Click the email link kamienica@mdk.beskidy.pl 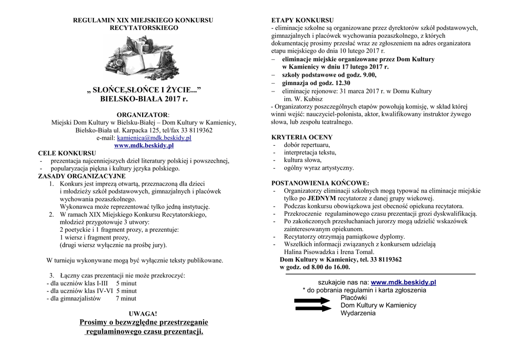point(154,138)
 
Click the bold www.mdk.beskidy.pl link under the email point(144,146)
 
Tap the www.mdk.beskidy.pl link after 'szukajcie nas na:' point(403,282)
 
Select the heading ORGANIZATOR point(143,115)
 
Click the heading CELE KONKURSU point(67,153)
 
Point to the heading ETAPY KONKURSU point(302,20)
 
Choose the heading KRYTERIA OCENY point(302,137)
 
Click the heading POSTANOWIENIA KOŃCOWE point(320,183)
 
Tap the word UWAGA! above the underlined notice point(143,314)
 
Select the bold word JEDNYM point(325,198)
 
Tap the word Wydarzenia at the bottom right point(358,313)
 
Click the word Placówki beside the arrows point(353,297)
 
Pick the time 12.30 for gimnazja point(342,84)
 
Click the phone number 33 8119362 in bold point(383,260)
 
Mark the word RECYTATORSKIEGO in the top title point(144,28)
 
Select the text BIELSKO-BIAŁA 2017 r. point(144,99)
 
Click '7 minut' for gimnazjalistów point(126,299)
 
